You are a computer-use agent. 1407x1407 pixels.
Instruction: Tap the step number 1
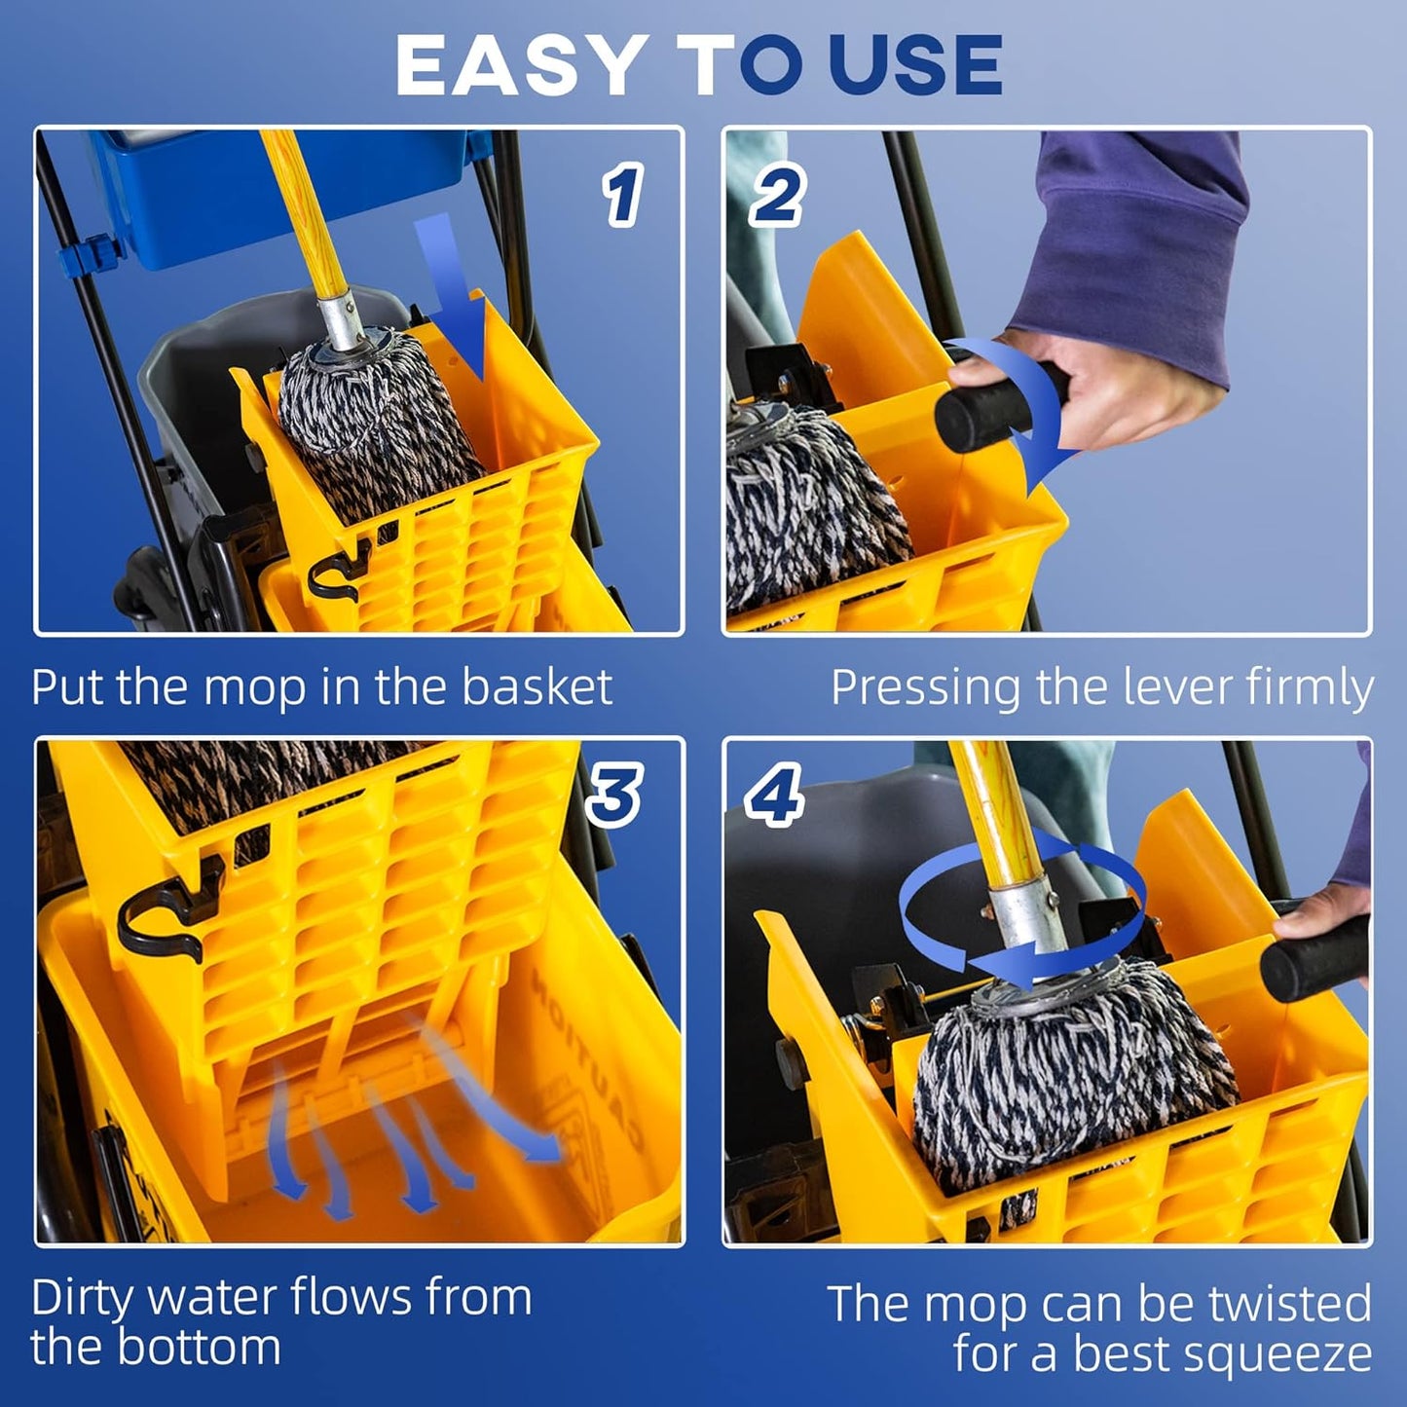(622, 195)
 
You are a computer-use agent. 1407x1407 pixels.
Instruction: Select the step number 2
(776, 195)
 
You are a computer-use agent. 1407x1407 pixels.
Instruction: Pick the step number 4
(774, 794)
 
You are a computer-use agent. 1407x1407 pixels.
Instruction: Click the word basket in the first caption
(537, 686)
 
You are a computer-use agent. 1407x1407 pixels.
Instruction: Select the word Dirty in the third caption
(83, 1298)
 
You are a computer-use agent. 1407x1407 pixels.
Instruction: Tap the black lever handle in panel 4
(1314, 949)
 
